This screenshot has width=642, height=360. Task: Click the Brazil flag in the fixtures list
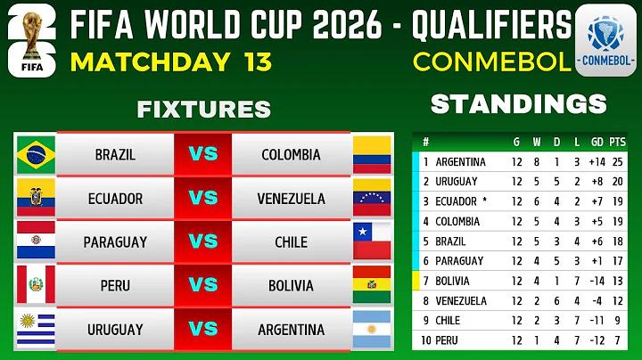tap(36, 155)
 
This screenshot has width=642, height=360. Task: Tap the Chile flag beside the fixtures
tap(372, 241)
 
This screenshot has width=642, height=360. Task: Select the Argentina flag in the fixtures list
tap(372, 330)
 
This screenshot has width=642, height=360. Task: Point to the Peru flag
tap(36, 285)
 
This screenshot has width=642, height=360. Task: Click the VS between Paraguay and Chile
tap(203, 241)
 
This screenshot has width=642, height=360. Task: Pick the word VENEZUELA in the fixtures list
tap(291, 199)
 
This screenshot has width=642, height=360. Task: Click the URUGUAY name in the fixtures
tap(115, 330)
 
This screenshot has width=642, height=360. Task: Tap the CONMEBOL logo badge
tap(605, 40)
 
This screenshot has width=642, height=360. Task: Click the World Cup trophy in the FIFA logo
tap(32, 36)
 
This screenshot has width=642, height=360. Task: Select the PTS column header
tap(617, 142)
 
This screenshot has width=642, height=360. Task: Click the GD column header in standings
tap(597, 142)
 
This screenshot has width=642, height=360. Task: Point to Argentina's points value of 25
tap(617, 162)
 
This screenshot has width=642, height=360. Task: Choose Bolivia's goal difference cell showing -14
tap(597, 281)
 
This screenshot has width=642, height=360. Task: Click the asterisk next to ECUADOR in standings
tap(485, 200)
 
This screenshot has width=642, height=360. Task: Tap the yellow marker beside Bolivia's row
tap(416, 281)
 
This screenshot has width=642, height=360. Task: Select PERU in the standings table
tap(447, 340)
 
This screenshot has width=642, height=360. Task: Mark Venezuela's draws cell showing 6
tap(556, 301)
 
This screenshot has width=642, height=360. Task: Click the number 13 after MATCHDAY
tap(258, 61)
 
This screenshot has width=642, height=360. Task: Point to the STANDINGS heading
tap(519, 104)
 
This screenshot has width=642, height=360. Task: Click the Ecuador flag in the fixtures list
tap(36, 197)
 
